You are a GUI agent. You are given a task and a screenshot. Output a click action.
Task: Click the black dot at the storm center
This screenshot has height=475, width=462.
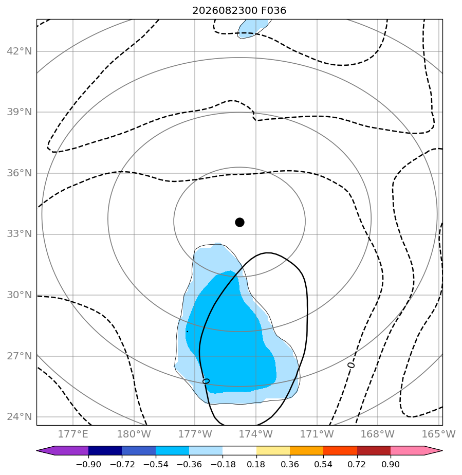pyautogui.click(x=239, y=223)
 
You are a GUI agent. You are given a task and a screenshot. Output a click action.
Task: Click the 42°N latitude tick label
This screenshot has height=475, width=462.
pyautogui.click(x=19, y=51)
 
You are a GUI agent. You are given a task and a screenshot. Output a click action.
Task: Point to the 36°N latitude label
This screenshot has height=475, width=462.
pyautogui.click(x=19, y=173)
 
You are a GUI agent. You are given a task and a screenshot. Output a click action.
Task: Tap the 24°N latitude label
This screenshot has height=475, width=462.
pyautogui.click(x=19, y=416)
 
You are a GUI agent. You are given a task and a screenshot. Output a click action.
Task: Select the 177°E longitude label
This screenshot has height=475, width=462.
pyautogui.click(x=73, y=434)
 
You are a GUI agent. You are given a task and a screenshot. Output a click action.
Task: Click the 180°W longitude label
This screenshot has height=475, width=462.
pyautogui.click(x=134, y=434)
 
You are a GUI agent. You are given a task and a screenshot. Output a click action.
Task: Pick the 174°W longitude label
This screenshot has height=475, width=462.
pyautogui.click(x=256, y=434)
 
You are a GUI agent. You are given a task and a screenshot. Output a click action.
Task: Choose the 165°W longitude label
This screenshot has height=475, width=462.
pyautogui.click(x=439, y=434)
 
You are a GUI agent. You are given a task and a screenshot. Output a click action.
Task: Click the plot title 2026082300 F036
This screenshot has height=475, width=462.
pyautogui.click(x=239, y=11)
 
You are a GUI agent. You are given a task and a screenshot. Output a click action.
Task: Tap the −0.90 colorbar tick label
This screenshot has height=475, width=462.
pyautogui.click(x=88, y=464)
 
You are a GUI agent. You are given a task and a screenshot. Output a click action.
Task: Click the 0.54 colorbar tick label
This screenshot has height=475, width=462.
pyautogui.click(x=323, y=464)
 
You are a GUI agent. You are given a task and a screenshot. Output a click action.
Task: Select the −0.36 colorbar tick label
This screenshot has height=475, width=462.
pyautogui.click(x=189, y=464)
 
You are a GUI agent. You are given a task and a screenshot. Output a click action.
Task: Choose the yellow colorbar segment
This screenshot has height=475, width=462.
pyautogui.click(x=273, y=450)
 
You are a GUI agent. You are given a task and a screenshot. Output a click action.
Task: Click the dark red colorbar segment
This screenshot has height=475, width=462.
pyautogui.click(x=374, y=450)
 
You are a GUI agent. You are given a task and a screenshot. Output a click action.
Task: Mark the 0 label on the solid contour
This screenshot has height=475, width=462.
pyautogui.click(x=206, y=381)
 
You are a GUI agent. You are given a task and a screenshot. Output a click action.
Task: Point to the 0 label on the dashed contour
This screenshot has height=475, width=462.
pyautogui.click(x=351, y=365)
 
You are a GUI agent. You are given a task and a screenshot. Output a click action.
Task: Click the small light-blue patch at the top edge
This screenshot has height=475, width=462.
pyautogui.click(x=253, y=28)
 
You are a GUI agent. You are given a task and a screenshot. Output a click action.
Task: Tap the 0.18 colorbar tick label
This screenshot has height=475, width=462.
pyautogui.click(x=256, y=464)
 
